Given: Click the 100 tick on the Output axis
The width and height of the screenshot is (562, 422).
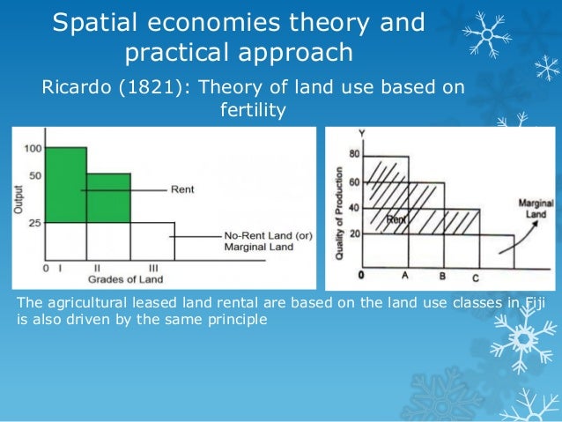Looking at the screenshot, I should (x=33, y=148).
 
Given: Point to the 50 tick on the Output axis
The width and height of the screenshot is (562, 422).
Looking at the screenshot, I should (x=35, y=176).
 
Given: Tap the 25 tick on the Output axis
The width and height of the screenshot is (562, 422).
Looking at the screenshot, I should (x=35, y=223).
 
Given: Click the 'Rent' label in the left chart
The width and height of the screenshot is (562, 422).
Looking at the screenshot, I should (x=182, y=189).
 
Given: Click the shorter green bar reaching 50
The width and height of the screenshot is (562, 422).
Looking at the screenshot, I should (x=107, y=197).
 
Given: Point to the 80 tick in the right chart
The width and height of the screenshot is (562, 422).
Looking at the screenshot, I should (x=354, y=155).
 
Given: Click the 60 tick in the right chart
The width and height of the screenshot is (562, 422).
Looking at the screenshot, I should (x=354, y=182).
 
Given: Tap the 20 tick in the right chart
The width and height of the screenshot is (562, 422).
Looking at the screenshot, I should (x=354, y=233).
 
